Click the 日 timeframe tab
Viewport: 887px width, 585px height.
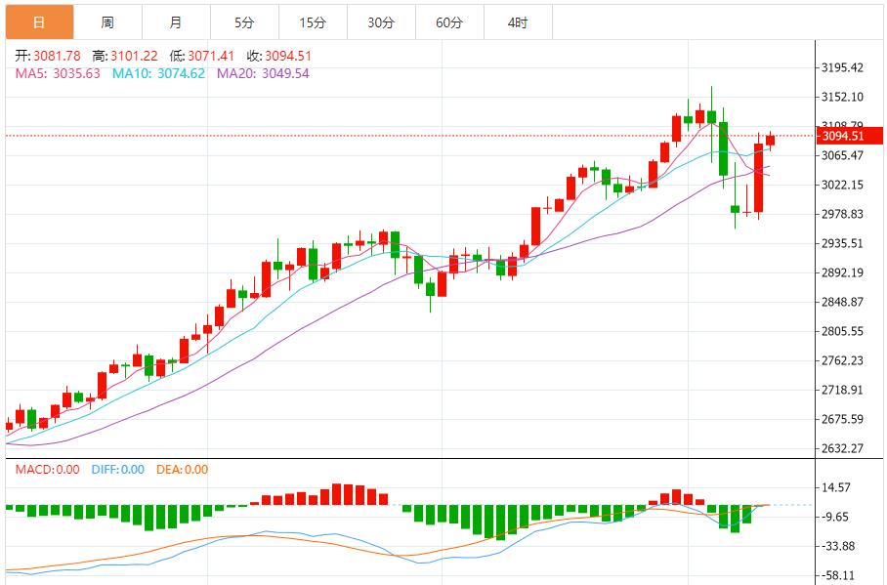38,22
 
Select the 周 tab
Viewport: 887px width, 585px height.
106,22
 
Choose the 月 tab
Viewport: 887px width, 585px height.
175,22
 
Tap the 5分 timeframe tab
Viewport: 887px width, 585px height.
243,22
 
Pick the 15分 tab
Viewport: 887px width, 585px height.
313,22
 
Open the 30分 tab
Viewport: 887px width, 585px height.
381,22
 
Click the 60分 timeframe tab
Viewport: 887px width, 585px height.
449,22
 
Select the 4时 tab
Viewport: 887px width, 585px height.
518,22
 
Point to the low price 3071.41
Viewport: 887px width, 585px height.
203,56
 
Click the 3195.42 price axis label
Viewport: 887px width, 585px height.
842,67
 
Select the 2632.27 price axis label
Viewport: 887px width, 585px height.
842,448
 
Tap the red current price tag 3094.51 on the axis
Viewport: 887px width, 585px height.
842,136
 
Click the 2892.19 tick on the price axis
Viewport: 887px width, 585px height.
842,272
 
